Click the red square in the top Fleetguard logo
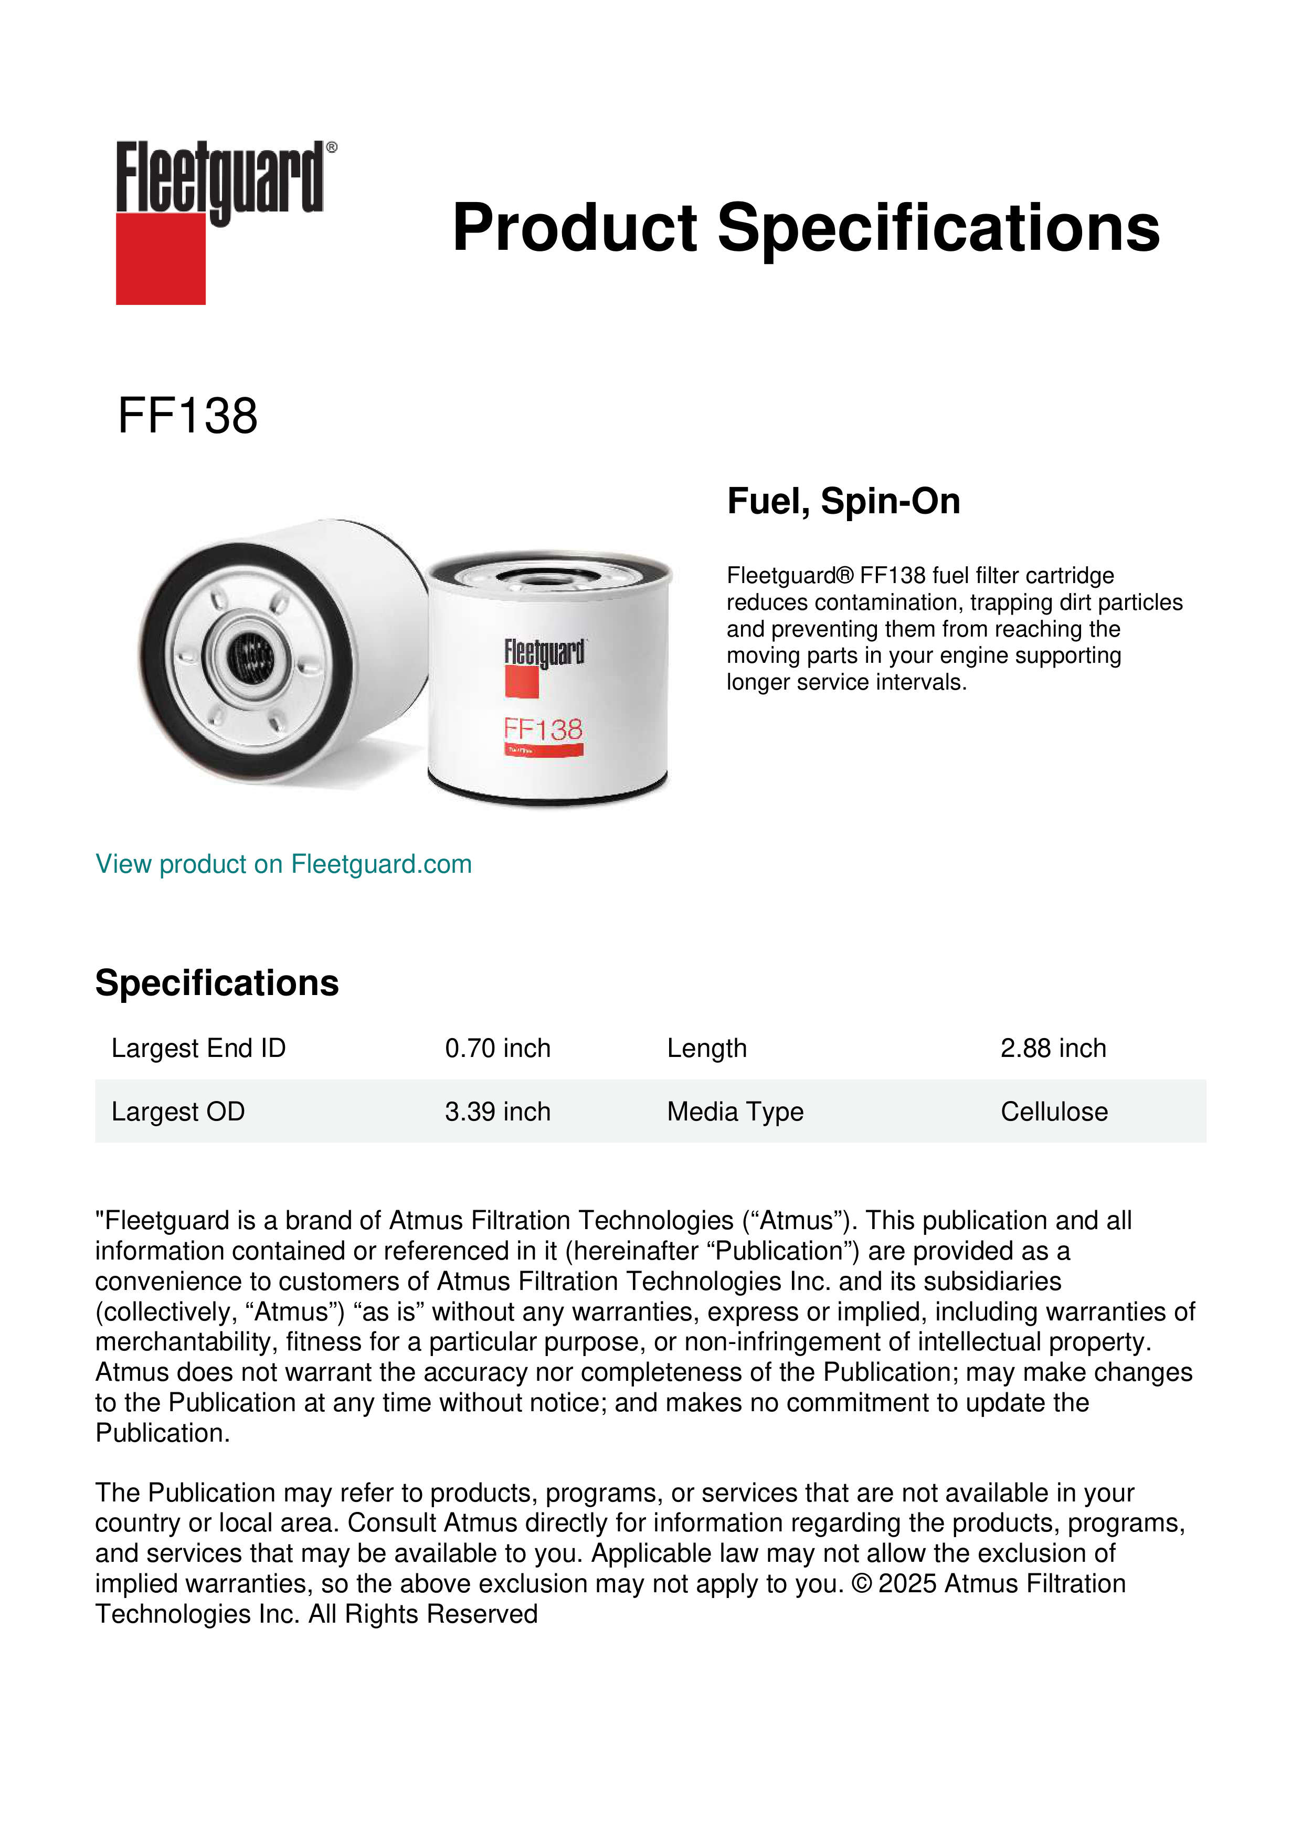point(161,258)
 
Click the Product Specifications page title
point(806,228)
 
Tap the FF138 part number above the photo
point(187,416)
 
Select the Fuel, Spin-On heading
point(843,501)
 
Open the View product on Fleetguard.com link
point(283,864)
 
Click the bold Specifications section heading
point(216,983)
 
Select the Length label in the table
point(706,1048)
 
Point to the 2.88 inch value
point(1053,1048)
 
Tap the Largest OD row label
point(178,1112)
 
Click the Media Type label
point(735,1112)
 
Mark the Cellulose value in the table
point(1053,1112)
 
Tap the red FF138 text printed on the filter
point(543,729)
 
